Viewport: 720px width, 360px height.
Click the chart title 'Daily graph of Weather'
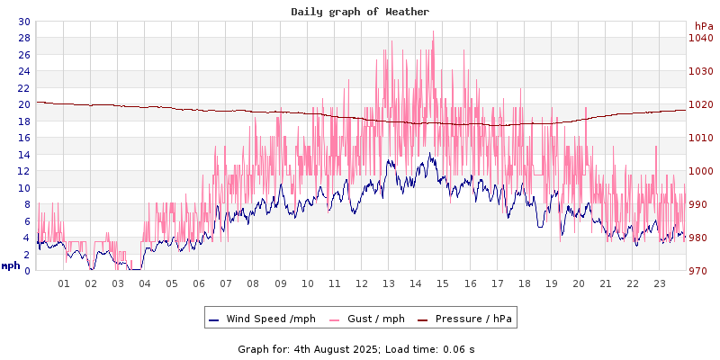pyautogui.click(x=360, y=12)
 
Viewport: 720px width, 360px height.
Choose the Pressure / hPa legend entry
pyautogui.click(x=472, y=319)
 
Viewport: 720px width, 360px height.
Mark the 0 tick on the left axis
pyautogui.click(x=26, y=271)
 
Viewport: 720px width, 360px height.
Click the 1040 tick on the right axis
pyautogui.click(x=700, y=38)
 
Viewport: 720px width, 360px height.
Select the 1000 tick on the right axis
pyautogui.click(x=700, y=171)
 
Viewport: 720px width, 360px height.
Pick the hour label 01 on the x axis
pyautogui.click(x=64, y=283)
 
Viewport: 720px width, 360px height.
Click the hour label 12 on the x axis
pyautogui.click(x=362, y=283)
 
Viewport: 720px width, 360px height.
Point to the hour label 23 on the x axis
pyautogui.click(x=660, y=283)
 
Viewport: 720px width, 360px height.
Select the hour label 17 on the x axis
pyautogui.click(x=497, y=283)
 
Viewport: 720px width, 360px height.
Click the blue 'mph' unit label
pyautogui.click(x=11, y=265)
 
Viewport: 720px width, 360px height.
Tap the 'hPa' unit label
pyautogui.click(x=703, y=26)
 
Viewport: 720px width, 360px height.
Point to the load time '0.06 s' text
pyautogui.click(x=457, y=348)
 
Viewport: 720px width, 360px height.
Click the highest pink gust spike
pyautogui.click(x=433, y=32)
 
